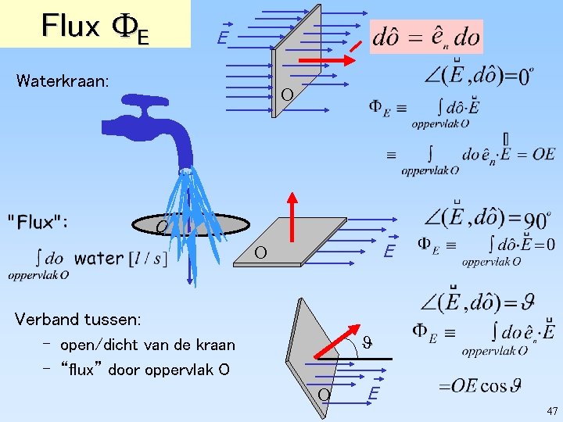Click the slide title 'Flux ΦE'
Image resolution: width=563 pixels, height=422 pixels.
95,26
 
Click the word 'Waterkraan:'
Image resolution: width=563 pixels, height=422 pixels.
62,80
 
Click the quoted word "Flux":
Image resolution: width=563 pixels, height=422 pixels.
38,222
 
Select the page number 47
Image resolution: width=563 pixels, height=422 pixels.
552,411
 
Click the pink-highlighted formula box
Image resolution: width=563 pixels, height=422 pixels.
427,37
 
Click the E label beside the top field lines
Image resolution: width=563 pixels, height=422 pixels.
223,38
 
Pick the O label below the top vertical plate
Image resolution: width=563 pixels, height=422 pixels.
287,95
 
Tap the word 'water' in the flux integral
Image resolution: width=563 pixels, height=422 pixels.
99,258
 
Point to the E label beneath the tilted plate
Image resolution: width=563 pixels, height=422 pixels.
374,395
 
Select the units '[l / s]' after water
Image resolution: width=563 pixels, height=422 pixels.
148,258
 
